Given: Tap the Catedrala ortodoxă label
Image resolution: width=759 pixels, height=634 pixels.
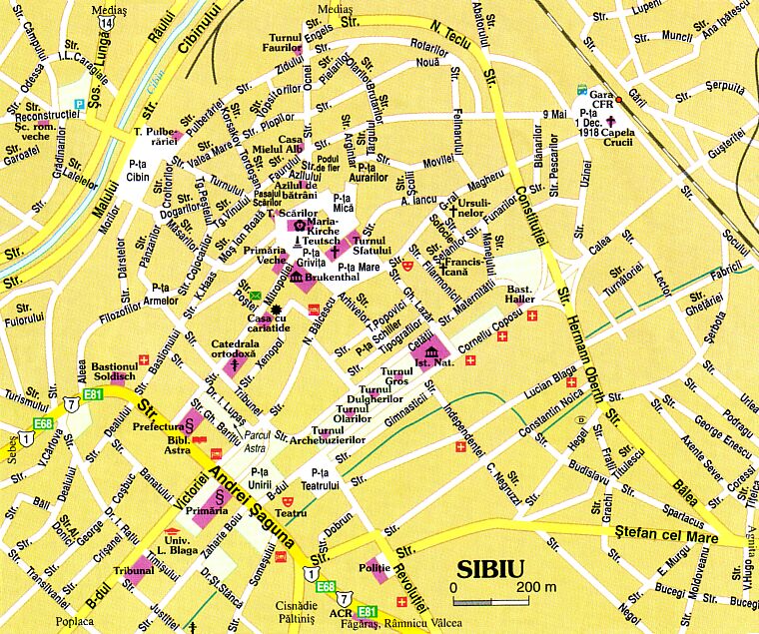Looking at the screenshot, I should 235,349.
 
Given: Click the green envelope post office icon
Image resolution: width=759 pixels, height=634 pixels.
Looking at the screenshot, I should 255,295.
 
